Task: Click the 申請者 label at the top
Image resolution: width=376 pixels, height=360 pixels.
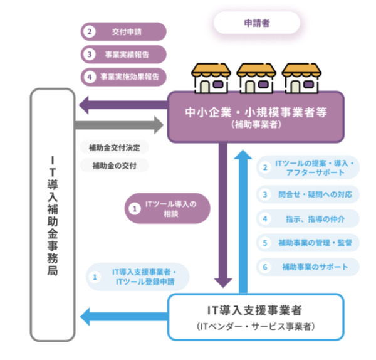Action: coord(257,23)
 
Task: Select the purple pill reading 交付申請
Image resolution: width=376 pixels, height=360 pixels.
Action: coord(123,32)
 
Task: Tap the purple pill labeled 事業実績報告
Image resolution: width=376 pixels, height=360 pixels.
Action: coord(123,55)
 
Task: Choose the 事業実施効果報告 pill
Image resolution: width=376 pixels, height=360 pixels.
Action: coord(123,77)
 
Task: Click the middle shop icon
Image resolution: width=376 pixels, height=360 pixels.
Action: coord(256,78)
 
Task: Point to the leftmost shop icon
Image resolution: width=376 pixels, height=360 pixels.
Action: coord(211,78)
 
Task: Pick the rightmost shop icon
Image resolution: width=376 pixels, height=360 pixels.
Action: coord(301,78)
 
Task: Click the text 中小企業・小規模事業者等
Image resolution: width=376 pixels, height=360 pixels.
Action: coord(256,112)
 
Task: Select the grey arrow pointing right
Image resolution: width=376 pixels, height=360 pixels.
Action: coord(119,125)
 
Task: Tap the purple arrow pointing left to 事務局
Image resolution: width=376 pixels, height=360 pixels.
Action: coord(123,105)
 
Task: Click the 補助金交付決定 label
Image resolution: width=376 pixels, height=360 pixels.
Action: coord(115,147)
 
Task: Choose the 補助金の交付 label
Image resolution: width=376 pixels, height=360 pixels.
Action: coord(115,166)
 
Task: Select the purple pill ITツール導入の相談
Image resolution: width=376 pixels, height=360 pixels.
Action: coord(167,209)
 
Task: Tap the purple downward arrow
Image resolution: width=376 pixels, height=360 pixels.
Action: coord(223,215)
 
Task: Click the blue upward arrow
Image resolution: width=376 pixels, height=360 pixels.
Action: coord(243,221)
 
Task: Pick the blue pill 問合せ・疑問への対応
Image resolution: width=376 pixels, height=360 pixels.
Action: coord(308,194)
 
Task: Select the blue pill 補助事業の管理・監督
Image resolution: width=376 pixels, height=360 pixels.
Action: coord(308,243)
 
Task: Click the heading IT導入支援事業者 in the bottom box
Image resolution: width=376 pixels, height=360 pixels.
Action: coord(254,310)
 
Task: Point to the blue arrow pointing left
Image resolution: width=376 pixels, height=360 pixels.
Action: coord(124,317)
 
